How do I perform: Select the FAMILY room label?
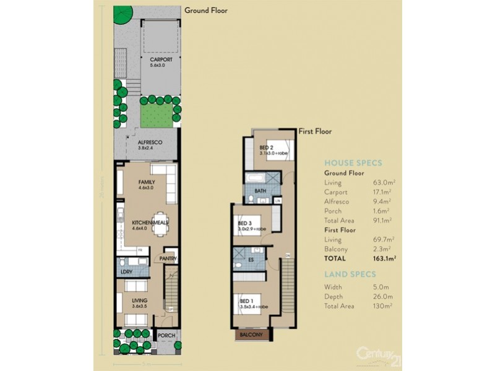147,182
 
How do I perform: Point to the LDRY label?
126,271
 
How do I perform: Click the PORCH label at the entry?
166,336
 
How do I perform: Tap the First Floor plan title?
316,131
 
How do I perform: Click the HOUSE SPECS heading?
353,163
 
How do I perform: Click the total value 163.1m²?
383,258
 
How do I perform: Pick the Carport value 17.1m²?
384,192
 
